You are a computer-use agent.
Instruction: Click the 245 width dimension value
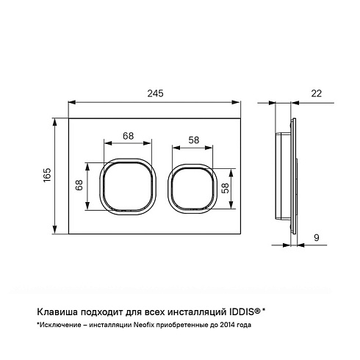tap(155, 93)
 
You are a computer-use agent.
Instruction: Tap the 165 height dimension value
tap(47, 175)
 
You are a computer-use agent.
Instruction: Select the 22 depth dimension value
tap(316, 93)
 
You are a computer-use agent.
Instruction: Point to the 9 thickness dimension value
tap(317, 237)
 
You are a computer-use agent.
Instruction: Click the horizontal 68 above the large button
tap(129, 136)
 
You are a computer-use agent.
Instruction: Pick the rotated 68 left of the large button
tap(79, 185)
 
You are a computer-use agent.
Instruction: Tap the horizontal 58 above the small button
tap(194, 140)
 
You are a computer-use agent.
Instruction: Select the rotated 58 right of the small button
tap(225, 188)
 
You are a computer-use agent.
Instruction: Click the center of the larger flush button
tap(128, 187)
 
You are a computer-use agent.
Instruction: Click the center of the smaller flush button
tap(192, 189)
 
